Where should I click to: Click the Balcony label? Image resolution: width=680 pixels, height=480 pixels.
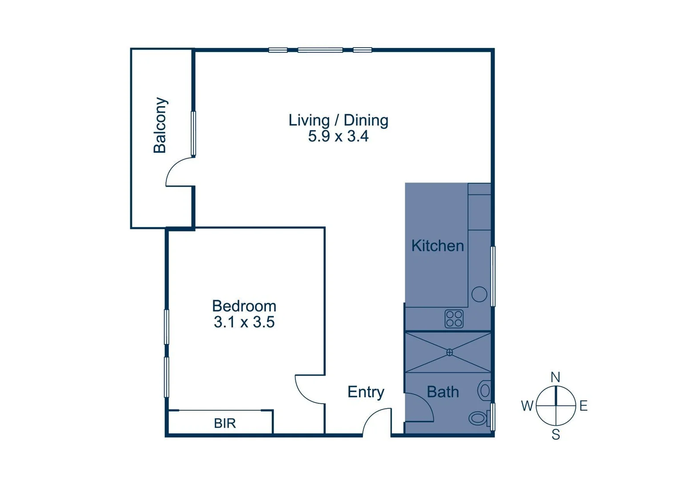160,125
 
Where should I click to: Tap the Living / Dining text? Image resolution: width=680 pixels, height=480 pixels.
338,120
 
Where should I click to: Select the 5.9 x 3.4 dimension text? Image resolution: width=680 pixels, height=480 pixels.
338,136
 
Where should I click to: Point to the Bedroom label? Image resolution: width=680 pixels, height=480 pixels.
244,306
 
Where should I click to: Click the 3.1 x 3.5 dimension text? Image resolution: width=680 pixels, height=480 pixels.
244,322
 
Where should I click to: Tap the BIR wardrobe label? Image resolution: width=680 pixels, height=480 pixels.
225,423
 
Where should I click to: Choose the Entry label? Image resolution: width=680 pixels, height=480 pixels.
366,392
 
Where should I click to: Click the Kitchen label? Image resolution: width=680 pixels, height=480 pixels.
437,246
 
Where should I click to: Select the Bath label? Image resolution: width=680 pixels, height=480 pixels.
443,392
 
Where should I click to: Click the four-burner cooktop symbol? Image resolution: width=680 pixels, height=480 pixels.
454,319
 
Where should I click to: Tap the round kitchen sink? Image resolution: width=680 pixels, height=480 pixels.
479,294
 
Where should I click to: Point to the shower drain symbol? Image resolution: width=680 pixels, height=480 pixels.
450,352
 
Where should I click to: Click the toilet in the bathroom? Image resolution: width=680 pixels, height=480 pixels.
479,418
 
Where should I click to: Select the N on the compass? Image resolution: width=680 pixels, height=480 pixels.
555,377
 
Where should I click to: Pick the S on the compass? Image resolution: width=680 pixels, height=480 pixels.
556,434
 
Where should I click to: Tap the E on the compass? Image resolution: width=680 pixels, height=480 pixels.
583,406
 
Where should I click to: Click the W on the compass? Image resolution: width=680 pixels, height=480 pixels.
527,406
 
